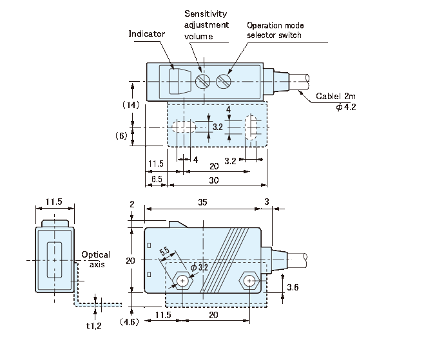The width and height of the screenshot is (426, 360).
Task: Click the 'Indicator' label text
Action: click(x=147, y=33)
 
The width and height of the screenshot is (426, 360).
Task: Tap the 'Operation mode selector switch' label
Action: click(x=274, y=30)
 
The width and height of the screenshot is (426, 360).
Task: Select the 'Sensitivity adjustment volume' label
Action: click(x=206, y=24)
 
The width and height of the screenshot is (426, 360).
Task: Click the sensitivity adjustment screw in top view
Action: click(x=203, y=81)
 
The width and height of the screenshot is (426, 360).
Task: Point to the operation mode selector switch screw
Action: click(x=224, y=81)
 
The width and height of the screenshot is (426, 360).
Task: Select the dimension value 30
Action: click(x=213, y=181)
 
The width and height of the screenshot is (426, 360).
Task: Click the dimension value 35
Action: click(x=202, y=202)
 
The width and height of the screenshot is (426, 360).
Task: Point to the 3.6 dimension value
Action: click(x=292, y=286)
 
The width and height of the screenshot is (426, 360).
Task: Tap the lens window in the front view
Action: click(x=54, y=260)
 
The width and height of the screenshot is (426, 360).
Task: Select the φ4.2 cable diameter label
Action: click(x=346, y=107)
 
